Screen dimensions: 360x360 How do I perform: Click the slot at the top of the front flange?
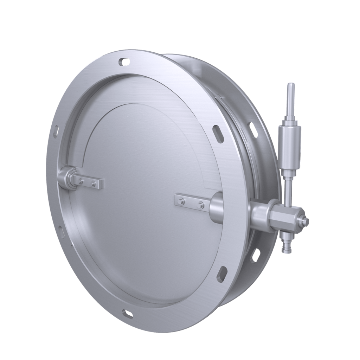tap(124, 62)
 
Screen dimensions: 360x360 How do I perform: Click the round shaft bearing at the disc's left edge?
tap(66, 178)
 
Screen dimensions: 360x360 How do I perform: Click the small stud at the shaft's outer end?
tap(307, 221)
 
